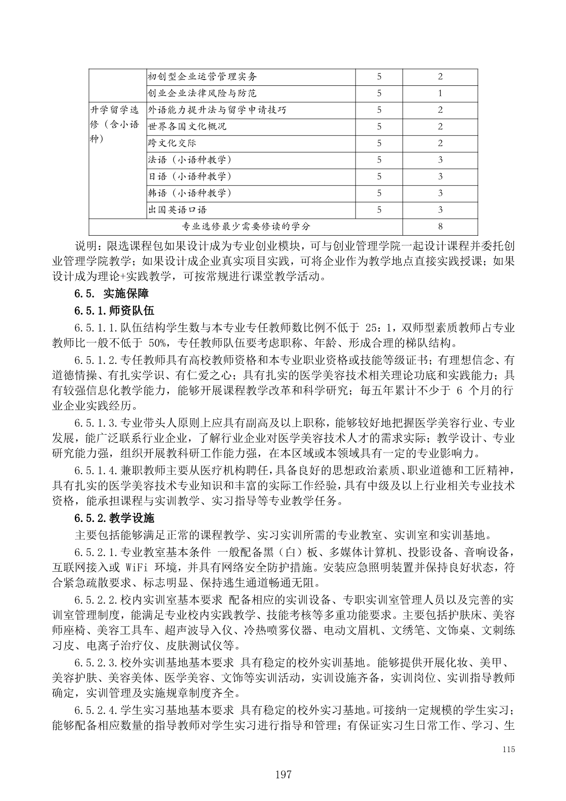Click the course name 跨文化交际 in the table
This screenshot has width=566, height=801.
(172, 143)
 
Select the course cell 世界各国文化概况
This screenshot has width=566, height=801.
(187, 126)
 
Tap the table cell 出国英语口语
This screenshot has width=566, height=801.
(177, 210)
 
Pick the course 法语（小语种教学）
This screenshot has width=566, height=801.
(189, 160)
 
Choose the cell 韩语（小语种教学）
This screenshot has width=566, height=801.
(189, 193)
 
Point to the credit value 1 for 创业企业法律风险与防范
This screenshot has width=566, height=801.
(440, 93)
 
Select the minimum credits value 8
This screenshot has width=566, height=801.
(440, 227)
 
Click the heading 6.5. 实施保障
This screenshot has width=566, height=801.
(112, 293)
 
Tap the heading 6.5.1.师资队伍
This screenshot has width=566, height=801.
(115, 311)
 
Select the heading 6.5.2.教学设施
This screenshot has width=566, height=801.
(115, 518)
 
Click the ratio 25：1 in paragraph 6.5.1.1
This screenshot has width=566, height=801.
(378, 328)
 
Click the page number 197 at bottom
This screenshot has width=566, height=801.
(283, 774)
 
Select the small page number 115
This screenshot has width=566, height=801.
(508, 749)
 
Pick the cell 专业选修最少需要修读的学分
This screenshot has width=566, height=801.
(246, 227)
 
